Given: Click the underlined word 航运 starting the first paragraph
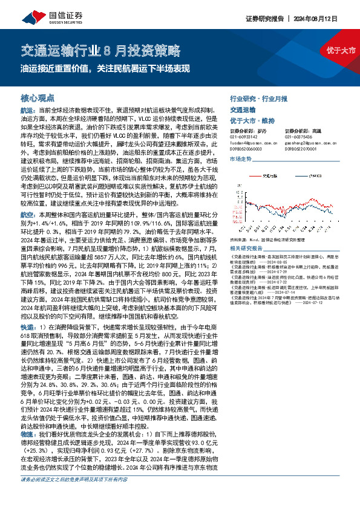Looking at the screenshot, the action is click(27, 111).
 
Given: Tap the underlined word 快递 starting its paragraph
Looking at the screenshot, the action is click(27, 325).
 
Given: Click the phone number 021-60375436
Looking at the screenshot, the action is click(299, 137).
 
